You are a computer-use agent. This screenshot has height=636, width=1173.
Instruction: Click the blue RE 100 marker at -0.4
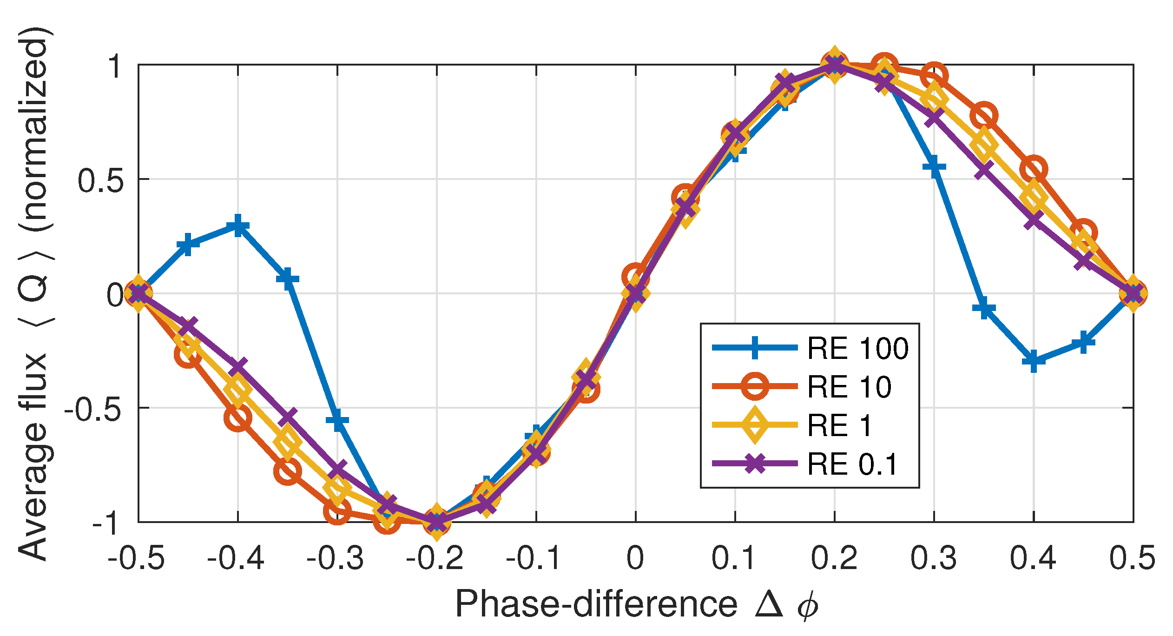pyautogui.click(x=238, y=226)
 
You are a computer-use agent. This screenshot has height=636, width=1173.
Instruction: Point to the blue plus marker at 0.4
pyautogui.click(x=1034, y=361)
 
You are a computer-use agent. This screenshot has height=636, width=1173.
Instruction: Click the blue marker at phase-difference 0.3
pyautogui.click(x=934, y=166)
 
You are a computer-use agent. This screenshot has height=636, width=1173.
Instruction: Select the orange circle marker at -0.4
pyautogui.click(x=238, y=418)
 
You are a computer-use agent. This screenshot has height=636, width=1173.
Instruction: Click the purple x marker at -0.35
pyautogui.click(x=288, y=417)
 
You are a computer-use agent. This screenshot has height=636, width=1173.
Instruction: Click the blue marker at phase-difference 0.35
pyautogui.click(x=984, y=309)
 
